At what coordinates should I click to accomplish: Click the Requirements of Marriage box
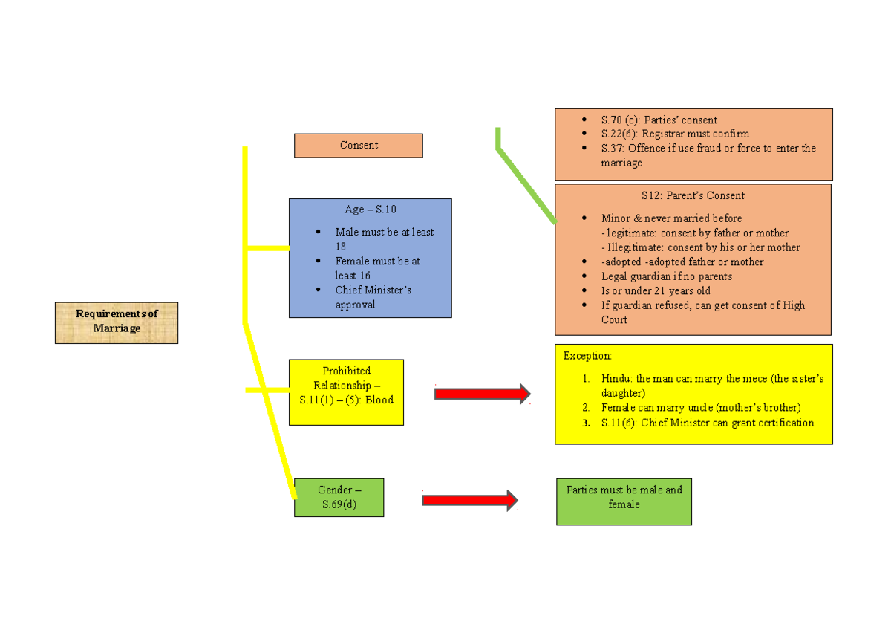click(117, 322)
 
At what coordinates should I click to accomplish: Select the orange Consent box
click(359, 146)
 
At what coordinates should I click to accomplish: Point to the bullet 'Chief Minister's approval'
click(373, 297)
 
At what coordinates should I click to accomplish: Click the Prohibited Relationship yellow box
click(346, 392)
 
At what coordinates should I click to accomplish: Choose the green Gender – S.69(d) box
click(339, 497)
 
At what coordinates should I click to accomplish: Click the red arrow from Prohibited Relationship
click(482, 394)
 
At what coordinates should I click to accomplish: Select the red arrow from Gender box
click(469, 500)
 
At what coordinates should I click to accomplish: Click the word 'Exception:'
click(587, 356)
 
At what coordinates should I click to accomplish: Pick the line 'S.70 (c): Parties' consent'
click(659, 120)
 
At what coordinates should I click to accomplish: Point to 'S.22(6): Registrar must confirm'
click(675, 134)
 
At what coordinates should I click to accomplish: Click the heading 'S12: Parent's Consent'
click(693, 195)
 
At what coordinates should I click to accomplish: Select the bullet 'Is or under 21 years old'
click(656, 290)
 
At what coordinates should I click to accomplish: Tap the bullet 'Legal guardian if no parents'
click(666, 276)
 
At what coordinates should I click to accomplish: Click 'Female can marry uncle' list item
click(701, 408)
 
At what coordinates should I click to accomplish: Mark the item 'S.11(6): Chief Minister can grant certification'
click(707, 423)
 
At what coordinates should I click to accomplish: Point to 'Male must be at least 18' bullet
click(384, 238)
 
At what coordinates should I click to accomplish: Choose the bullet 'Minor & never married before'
click(671, 218)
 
